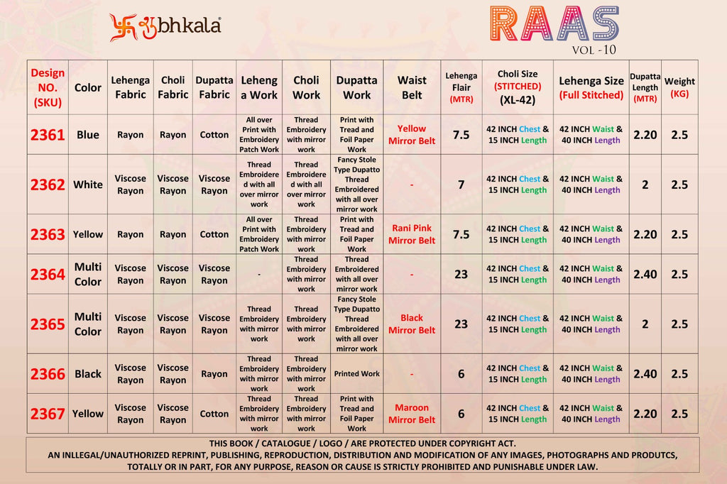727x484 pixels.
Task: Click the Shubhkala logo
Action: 165,26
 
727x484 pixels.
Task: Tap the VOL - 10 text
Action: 594,50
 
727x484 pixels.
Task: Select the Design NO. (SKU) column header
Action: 48,87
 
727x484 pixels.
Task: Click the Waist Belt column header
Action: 412,87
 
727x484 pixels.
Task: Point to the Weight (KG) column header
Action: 679,87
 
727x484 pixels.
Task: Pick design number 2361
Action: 48,135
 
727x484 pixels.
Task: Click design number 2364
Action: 48,274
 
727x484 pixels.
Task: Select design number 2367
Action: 48,414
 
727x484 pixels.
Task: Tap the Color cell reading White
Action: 88,185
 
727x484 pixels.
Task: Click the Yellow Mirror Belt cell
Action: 412,135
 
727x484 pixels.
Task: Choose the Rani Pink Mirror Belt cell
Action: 412,234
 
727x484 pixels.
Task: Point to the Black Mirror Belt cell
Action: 412,324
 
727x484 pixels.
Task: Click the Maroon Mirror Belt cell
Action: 412,414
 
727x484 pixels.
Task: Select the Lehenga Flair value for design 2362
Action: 461,185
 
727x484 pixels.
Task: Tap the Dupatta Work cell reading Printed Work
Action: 357,374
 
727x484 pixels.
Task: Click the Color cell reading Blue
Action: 88,135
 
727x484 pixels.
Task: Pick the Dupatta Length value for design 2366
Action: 645,374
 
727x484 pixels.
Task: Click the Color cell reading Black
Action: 88,374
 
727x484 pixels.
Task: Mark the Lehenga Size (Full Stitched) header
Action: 591,87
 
